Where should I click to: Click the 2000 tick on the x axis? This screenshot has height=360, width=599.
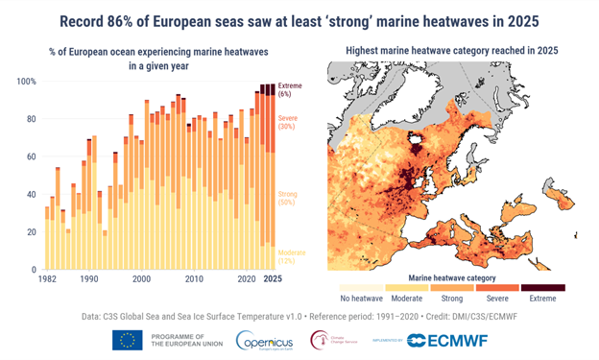[x=141, y=279]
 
